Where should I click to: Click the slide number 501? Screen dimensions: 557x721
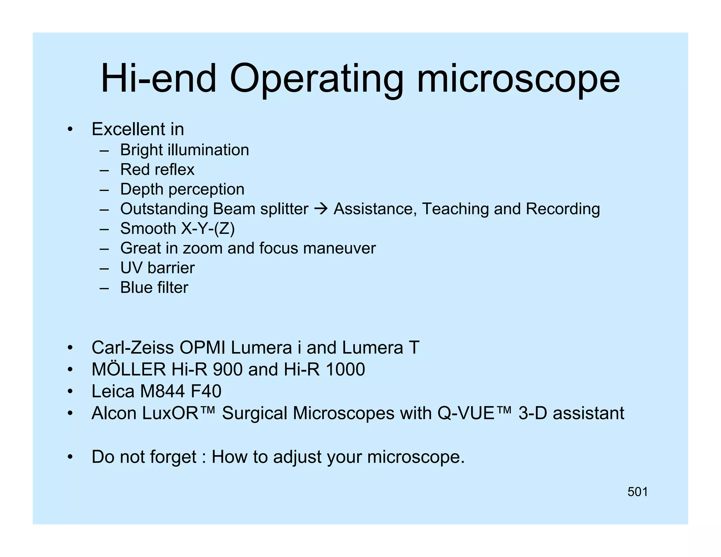[638, 492]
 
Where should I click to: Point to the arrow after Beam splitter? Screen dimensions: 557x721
[321, 209]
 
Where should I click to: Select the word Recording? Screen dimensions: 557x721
[563, 209]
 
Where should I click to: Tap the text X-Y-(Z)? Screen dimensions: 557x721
[208, 229]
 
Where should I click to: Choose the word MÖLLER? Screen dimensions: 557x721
[128, 369]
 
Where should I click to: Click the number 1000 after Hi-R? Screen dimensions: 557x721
[345, 369]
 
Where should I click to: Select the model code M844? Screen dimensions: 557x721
[162, 391]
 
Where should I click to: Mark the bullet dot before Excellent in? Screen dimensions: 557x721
[70, 130]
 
